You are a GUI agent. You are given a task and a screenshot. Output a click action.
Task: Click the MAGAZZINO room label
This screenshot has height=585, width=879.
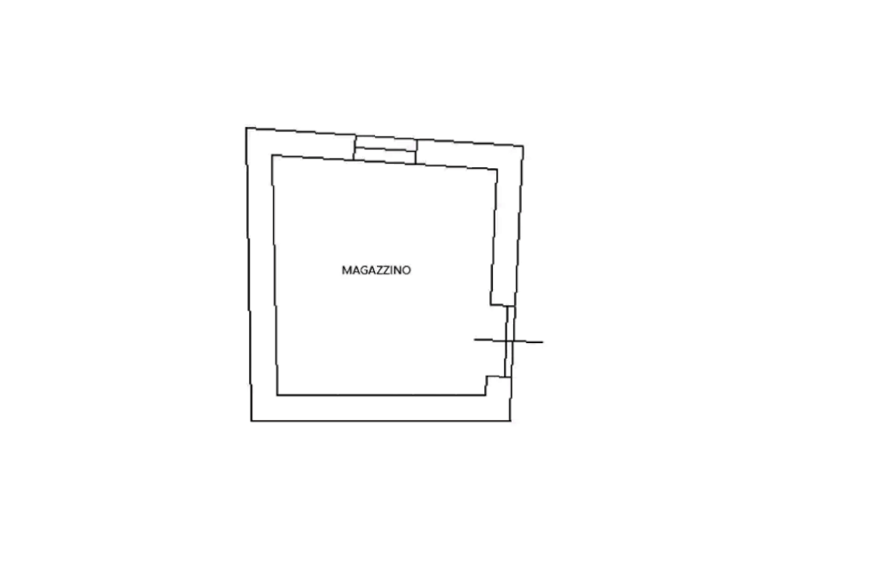coord(377,270)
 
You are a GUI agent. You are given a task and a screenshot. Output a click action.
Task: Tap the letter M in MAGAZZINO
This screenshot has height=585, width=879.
coord(345,270)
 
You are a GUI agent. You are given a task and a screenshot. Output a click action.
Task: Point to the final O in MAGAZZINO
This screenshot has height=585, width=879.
coord(408,270)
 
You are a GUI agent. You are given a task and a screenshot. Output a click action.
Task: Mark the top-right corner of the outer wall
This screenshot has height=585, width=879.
coord(524,144)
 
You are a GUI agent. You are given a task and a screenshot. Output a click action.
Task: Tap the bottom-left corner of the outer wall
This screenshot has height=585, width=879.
coord(252,421)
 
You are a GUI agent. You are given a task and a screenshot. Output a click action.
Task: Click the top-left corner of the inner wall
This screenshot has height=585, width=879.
coord(272,155)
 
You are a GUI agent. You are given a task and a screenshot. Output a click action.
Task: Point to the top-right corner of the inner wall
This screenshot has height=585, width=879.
coord(497,168)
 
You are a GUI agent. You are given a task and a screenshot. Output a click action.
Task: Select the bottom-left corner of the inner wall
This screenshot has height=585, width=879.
coord(276,395)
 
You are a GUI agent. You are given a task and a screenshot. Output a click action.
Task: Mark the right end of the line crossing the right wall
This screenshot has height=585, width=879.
coord(545,345)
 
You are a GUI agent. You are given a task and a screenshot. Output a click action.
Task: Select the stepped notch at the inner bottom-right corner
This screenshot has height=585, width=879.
coord(488,381)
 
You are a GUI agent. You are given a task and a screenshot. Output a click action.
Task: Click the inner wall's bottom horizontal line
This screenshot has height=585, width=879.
coord(382,395)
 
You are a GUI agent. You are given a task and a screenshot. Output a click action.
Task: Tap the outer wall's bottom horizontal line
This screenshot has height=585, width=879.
coord(382,421)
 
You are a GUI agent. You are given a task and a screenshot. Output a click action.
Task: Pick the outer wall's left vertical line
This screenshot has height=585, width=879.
coord(249,274)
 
